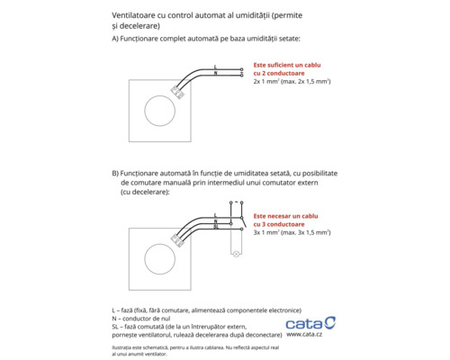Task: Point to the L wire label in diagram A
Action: click(216, 67)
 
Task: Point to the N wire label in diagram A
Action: click(216, 73)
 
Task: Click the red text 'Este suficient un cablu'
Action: click(289, 66)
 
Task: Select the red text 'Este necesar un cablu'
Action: click(287, 216)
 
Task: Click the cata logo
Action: click(310, 322)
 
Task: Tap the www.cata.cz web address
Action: click(305, 336)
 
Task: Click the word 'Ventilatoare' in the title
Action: click(137, 16)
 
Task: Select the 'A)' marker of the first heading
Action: click(115, 40)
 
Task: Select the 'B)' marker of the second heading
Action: click(115, 171)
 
